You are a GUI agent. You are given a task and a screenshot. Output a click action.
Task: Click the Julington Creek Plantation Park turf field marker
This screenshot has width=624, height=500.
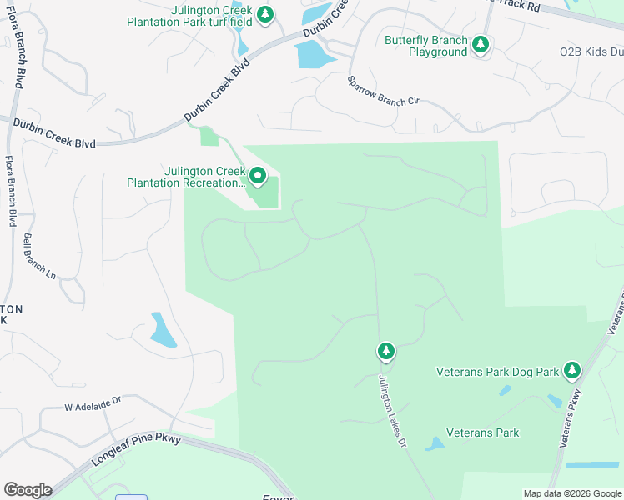265,14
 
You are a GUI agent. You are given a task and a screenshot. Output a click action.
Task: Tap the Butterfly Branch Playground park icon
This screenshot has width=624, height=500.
480,44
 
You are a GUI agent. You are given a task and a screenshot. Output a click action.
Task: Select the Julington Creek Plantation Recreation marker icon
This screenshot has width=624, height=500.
257,176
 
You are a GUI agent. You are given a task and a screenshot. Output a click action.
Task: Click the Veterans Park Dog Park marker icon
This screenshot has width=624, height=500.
571,369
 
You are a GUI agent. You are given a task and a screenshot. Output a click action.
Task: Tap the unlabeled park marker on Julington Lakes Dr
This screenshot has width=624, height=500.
385,351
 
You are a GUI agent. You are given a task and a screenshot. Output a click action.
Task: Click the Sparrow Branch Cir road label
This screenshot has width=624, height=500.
383,91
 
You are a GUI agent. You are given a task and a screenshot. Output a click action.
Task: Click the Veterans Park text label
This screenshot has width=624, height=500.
483,432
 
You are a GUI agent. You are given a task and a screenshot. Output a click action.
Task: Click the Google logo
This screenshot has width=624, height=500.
28,490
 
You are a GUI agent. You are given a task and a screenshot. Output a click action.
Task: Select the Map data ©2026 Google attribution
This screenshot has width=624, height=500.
571,493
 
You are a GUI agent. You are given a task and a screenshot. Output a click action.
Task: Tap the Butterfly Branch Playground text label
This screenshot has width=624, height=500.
425,46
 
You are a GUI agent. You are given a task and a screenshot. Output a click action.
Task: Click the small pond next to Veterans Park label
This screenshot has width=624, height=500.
435,444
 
